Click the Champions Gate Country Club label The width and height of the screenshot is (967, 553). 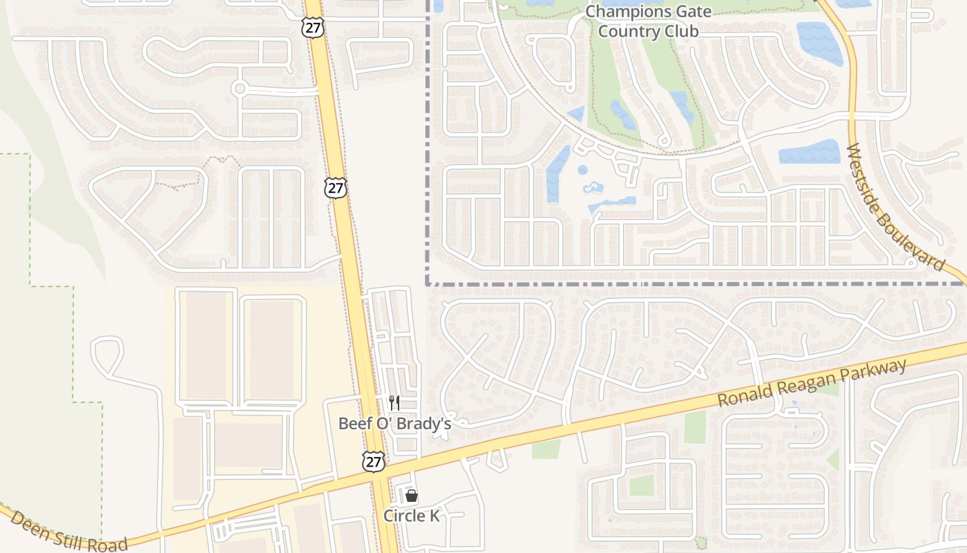point(648,21)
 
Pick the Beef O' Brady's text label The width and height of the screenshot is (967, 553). point(394,423)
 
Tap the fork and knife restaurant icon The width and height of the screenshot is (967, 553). point(394,403)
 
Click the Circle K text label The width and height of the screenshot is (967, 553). point(412,516)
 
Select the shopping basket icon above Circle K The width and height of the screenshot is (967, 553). point(412,496)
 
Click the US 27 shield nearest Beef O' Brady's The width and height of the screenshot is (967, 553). point(374,462)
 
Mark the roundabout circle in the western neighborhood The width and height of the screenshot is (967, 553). point(240,88)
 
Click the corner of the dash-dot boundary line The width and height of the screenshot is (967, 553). point(428,283)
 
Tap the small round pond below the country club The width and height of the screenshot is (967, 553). point(582,169)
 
